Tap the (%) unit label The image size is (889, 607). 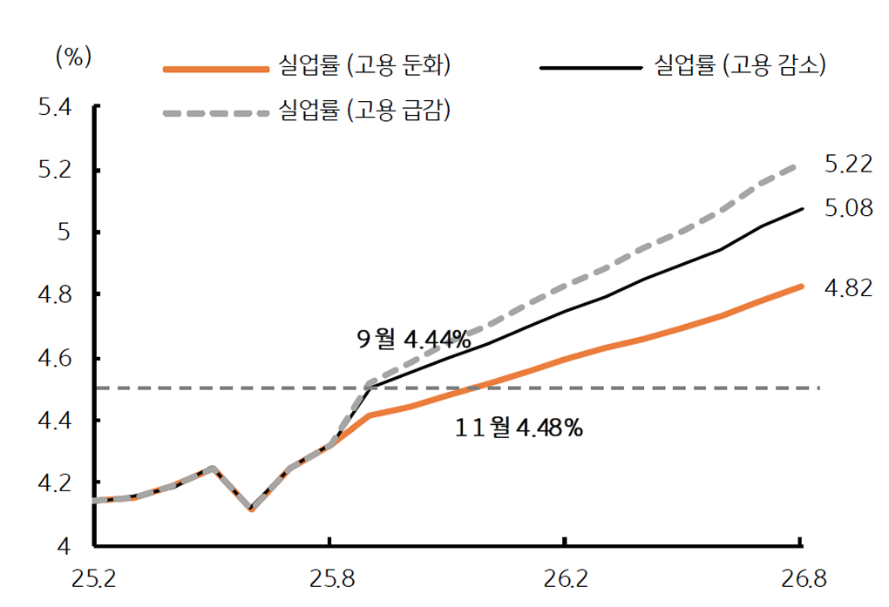tap(73, 57)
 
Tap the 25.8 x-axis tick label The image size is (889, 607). tap(329, 578)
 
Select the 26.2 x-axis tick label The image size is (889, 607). tap(565, 578)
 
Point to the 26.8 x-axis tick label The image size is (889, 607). tap(800, 578)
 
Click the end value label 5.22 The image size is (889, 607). tap(848, 164)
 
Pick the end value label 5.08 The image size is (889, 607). tap(848, 208)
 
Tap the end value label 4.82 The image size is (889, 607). tap(848, 288)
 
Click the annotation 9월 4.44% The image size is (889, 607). tap(413, 340)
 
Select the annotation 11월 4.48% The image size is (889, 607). tap(519, 428)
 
